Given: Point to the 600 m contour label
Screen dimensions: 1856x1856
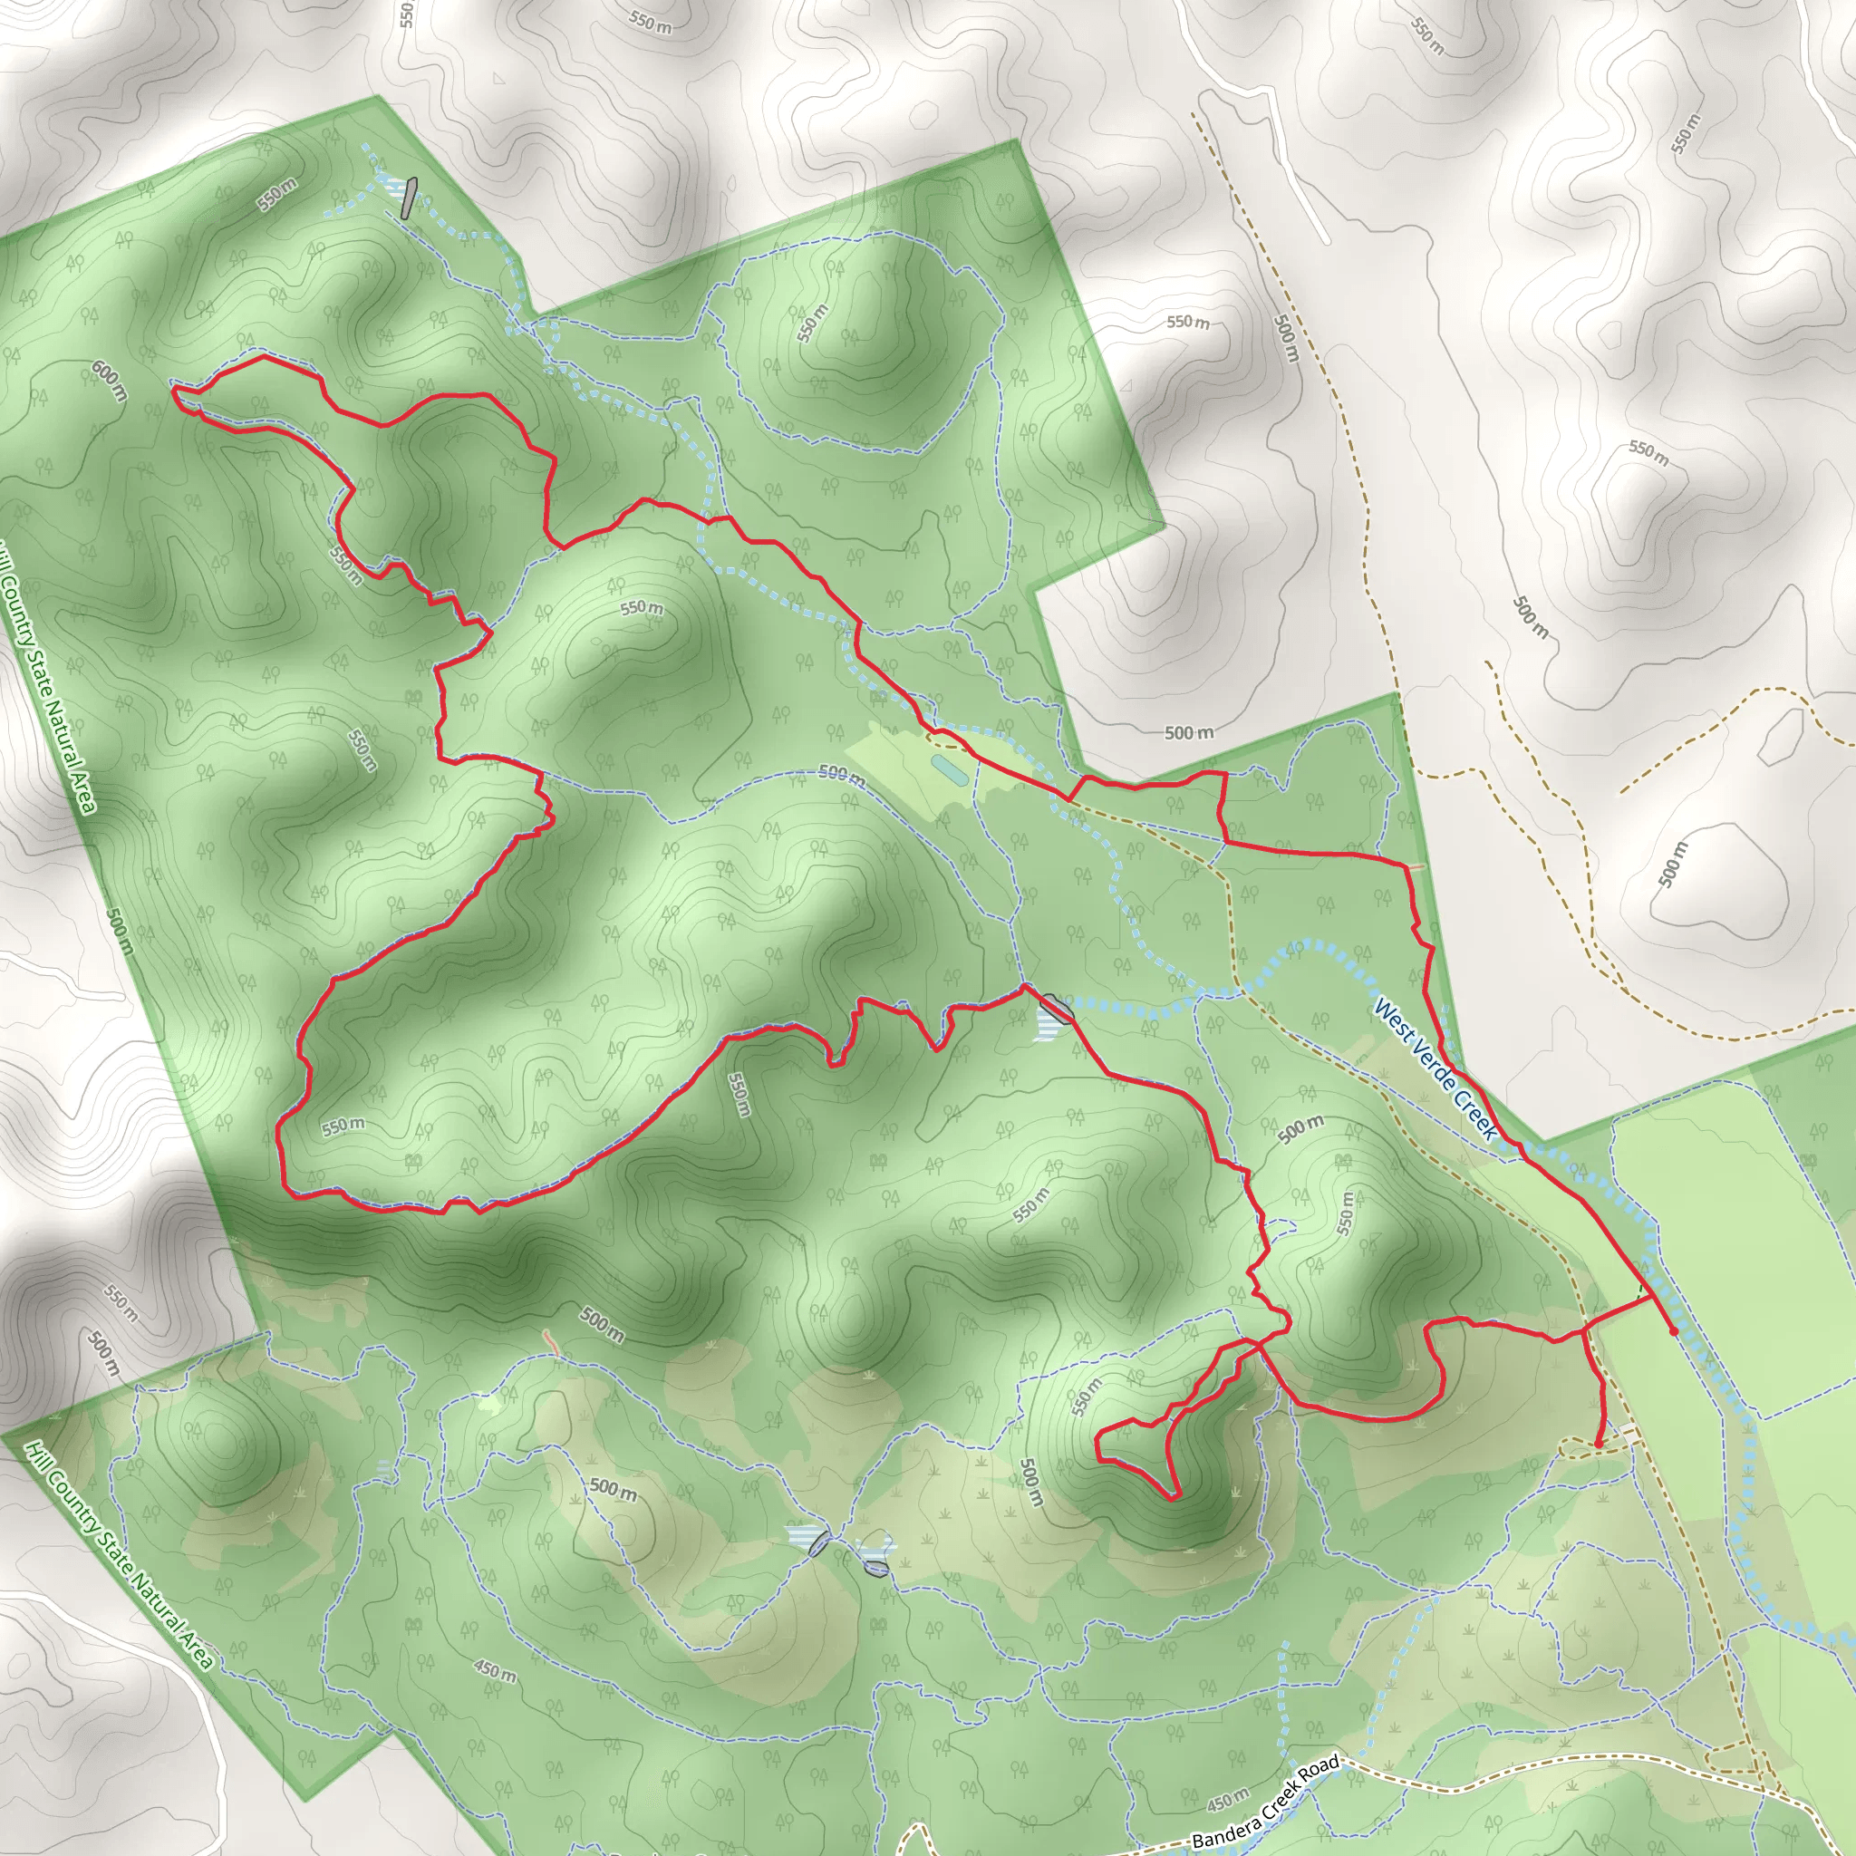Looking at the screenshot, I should click(111, 381).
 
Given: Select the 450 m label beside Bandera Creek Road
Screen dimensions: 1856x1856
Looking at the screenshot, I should click(1228, 1795).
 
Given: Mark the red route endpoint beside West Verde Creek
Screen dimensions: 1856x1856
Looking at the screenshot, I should click(1674, 1331).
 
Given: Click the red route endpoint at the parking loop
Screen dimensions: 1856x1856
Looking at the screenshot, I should click(1598, 1444).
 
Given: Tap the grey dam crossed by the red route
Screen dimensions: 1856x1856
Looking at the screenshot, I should click(1056, 1008).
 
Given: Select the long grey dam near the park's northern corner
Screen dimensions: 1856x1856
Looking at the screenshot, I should click(411, 198).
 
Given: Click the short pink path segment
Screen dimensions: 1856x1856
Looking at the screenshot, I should click(550, 1342).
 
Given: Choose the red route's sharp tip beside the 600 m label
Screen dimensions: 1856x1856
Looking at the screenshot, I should click(173, 386).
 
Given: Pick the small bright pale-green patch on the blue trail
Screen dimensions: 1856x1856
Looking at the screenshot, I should click(489, 1406).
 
